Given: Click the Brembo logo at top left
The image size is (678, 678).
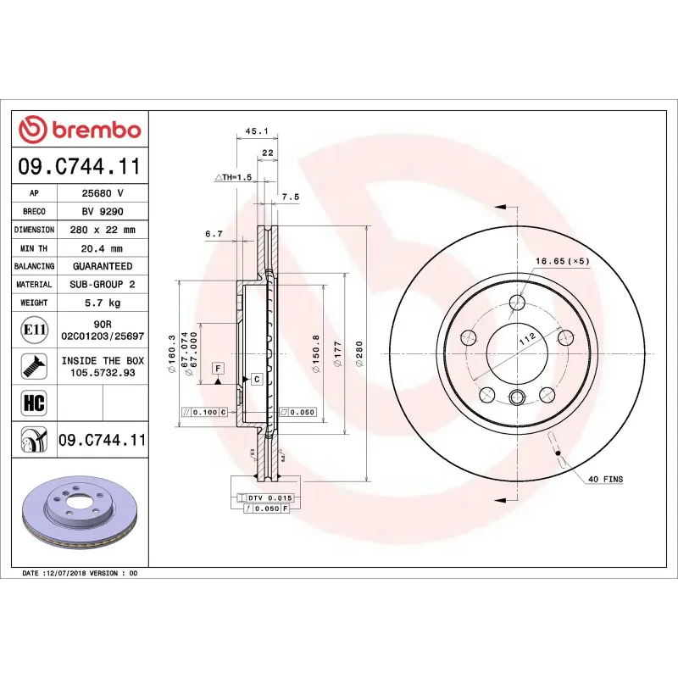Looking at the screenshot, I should tap(80, 130).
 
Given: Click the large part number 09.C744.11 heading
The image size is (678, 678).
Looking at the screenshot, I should tap(80, 167).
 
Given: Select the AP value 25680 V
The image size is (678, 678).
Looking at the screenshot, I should tap(103, 193).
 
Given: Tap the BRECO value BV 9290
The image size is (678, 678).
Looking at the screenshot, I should tap(103, 211).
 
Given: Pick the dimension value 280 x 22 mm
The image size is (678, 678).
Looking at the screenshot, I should tap(103, 230).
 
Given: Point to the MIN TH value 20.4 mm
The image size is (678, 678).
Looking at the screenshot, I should tap(103, 248).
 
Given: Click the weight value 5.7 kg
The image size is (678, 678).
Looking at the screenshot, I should tap(103, 303).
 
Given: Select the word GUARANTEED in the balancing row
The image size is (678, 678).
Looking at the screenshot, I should tap(103, 266).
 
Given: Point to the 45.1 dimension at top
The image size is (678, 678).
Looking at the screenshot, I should tap(256, 131).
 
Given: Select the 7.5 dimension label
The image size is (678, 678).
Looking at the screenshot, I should tap(290, 197).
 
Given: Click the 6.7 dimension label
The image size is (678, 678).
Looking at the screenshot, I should tap(214, 233).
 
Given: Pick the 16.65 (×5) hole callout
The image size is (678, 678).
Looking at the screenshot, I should tap(561, 261).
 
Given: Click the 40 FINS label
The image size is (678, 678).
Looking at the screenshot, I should tap(605, 480).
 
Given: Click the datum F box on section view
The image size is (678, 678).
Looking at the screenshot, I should tap(219, 368).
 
